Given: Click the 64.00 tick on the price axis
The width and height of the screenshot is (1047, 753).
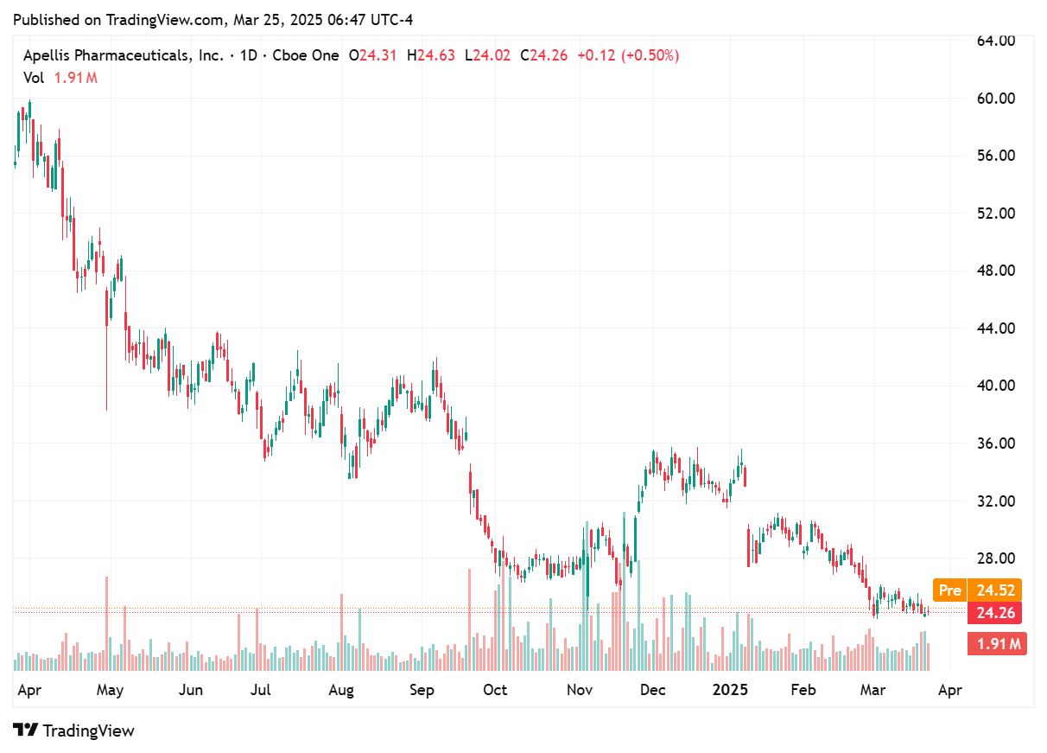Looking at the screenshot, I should pyautogui.click(x=994, y=41).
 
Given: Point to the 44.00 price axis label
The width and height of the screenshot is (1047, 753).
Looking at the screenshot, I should pyautogui.click(x=994, y=329).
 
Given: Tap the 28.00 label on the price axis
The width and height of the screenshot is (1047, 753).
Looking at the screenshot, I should pyautogui.click(x=994, y=558).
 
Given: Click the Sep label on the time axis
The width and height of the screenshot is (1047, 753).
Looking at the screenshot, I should pyautogui.click(x=422, y=690).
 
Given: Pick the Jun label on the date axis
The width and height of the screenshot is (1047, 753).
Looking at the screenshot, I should pyautogui.click(x=190, y=690).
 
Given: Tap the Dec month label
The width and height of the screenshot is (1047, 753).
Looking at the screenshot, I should pyautogui.click(x=652, y=690).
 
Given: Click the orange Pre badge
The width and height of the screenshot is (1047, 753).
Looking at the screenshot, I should pyautogui.click(x=949, y=590).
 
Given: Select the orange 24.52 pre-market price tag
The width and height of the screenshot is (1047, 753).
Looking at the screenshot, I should pyautogui.click(x=994, y=590).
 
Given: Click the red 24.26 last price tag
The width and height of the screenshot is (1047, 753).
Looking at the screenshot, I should pyautogui.click(x=994, y=613).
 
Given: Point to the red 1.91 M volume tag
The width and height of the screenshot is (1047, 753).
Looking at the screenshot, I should pyautogui.click(x=999, y=643).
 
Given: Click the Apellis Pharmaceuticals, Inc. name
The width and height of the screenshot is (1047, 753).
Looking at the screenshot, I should pyautogui.click(x=123, y=55).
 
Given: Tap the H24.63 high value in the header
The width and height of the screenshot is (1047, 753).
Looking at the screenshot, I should pyautogui.click(x=436, y=55).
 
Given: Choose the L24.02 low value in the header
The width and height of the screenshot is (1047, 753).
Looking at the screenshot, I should pyautogui.click(x=487, y=55).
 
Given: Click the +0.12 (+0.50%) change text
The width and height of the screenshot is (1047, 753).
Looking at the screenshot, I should pyautogui.click(x=629, y=55).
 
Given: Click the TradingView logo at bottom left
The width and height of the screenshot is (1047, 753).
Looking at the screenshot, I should pyautogui.click(x=74, y=731).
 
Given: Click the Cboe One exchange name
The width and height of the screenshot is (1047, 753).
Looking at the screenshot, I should pyautogui.click(x=306, y=55).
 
